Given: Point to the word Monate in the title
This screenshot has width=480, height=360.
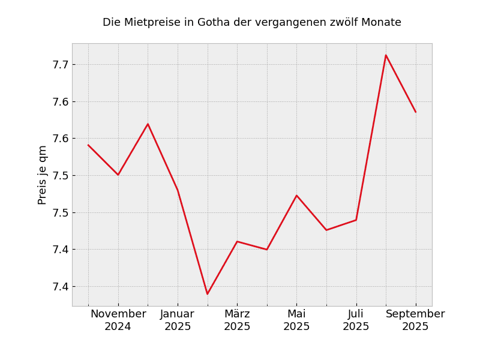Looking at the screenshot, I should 382,23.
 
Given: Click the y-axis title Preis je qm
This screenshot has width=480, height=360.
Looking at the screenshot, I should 43,175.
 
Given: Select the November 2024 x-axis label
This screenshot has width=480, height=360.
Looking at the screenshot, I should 118,320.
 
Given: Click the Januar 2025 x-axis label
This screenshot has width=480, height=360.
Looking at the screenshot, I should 178,320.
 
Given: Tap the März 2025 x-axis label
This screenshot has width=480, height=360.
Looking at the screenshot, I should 237,320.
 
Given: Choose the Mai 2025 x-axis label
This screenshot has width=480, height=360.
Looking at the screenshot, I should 296,320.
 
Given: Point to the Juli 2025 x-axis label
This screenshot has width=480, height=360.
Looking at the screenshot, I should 356,320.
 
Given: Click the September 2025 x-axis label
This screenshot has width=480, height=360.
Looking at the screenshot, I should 415,320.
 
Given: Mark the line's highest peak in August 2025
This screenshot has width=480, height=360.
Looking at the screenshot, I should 386,55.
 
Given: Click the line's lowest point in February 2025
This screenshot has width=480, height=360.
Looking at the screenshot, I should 208,294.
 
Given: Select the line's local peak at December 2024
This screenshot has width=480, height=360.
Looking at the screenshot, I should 148,124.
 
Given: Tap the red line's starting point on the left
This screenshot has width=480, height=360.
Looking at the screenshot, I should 88,145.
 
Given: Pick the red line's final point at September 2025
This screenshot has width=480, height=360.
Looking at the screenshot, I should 415,112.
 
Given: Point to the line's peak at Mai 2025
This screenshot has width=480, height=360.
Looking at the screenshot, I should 296,195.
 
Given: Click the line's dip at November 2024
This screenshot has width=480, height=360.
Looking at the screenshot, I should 118,175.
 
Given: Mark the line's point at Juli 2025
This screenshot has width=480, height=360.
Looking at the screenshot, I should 356,220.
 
